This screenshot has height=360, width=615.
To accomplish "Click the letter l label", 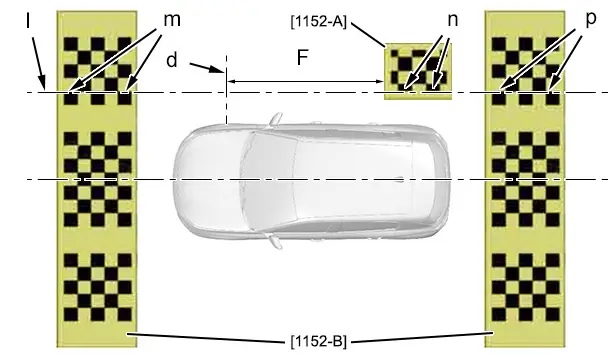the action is [28, 20].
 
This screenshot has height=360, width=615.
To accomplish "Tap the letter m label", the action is [172, 20].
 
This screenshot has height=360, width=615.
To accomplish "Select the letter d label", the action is [172, 60].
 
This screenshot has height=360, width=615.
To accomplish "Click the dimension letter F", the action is [302, 57].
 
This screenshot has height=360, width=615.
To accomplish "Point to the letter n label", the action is [453, 20].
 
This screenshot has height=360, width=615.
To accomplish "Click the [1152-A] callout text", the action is [319, 22].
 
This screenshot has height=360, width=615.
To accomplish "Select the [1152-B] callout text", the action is [319, 341].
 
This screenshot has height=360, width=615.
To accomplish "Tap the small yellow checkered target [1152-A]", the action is [418, 71].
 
